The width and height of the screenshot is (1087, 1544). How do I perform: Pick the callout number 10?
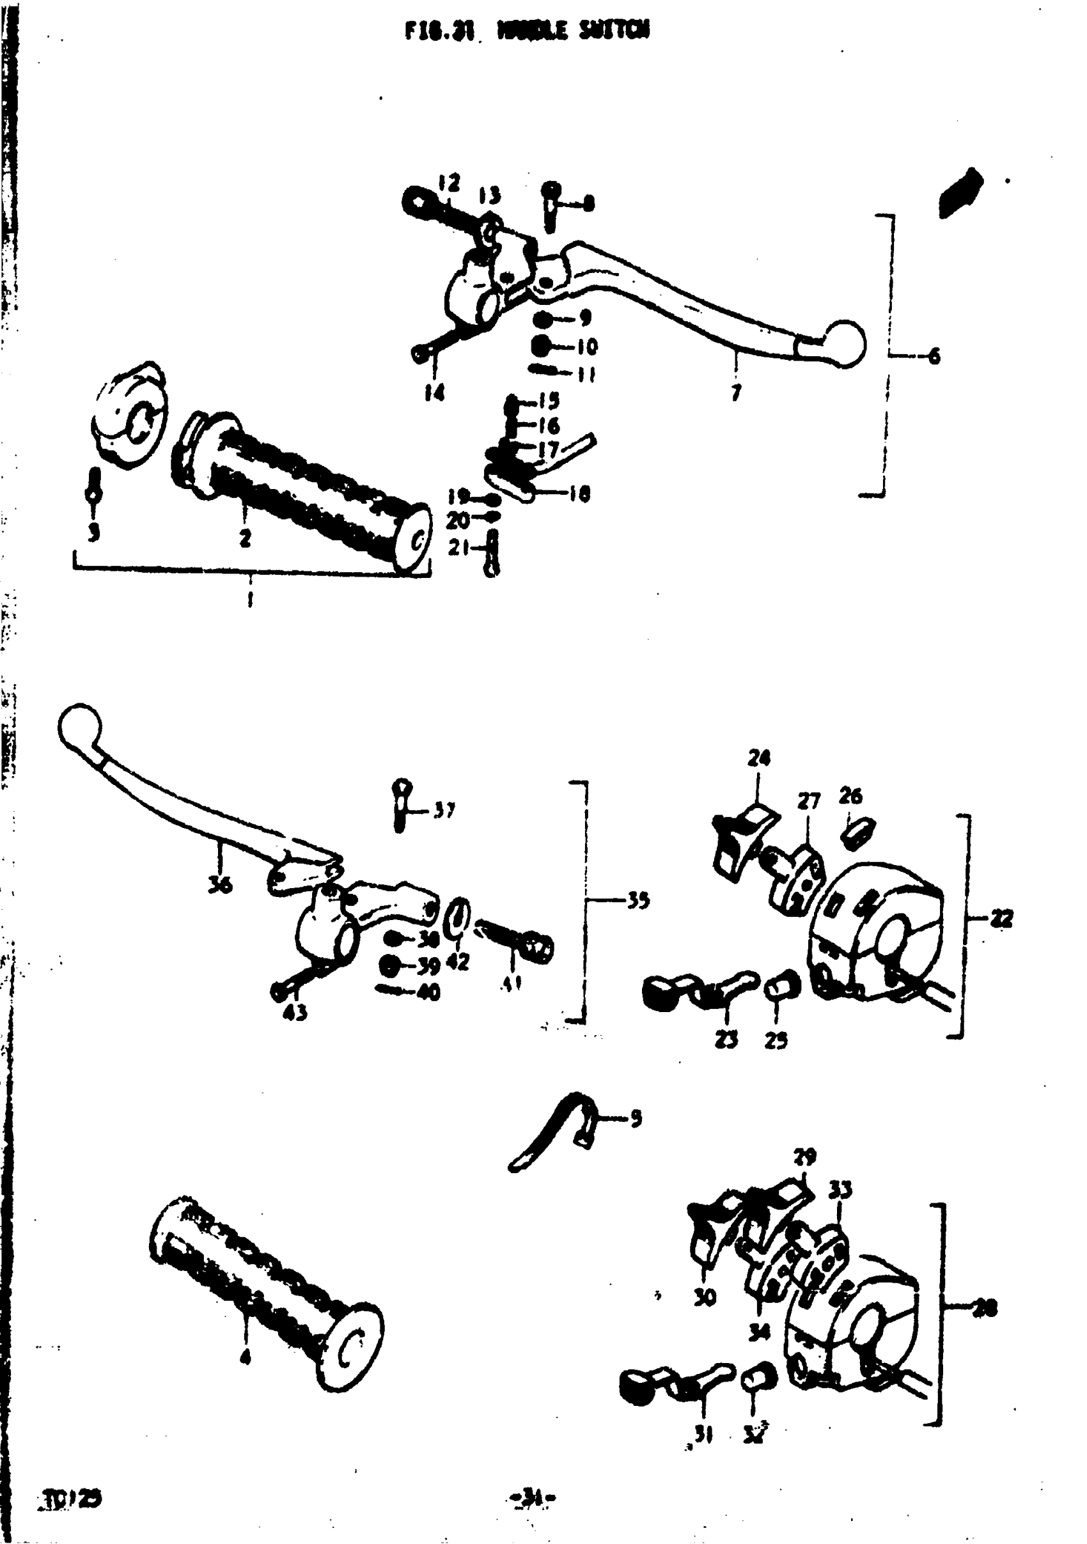click(x=586, y=347)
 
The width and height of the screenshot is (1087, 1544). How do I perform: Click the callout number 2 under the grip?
click(x=245, y=538)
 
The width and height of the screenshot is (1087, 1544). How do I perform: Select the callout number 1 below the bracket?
click(x=250, y=598)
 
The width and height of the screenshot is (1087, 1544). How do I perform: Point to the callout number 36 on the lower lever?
click(x=219, y=884)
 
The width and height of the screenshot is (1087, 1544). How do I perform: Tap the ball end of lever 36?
click(x=79, y=726)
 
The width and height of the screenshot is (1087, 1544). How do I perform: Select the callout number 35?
click(x=637, y=900)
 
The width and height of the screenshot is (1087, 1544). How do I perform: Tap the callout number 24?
click(x=759, y=758)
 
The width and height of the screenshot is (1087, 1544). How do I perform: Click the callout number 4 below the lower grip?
click(x=246, y=1357)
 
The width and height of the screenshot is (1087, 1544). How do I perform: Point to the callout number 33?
click(x=840, y=1190)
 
